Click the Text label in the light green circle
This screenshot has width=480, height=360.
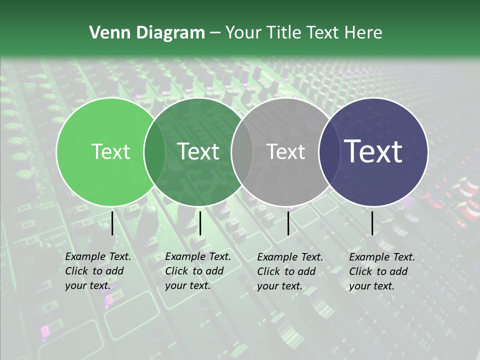[x=111, y=151]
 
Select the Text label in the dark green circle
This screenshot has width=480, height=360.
[x=198, y=151]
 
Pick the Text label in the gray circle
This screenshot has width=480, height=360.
[x=285, y=151]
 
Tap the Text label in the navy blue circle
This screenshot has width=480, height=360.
[x=373, y=151]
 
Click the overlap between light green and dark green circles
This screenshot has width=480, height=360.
[x=154, y=151]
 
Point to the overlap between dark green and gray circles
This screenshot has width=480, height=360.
[x=242, y=151]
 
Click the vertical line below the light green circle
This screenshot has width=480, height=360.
[x=112, y=223]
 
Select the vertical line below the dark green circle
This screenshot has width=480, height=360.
[x=200, y=223]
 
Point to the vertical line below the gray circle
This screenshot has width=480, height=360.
[x=288, y=223]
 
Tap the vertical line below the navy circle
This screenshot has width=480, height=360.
[x=372, y=223]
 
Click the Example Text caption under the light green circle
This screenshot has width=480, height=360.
[x=97, y=271]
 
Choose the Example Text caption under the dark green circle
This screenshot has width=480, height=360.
[x=197, y=271]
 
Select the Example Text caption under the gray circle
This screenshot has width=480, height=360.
[x=289, y=271]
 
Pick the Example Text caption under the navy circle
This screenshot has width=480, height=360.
[x=381, y=271]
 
